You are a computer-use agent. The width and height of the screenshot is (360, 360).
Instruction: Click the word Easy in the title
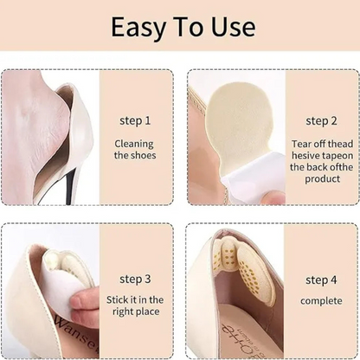point(138,27)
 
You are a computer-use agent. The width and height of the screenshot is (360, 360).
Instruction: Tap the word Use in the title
point(234,26)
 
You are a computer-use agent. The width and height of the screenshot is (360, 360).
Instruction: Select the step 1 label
point(135,121)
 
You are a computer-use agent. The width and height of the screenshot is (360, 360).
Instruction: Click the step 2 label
point(321,121)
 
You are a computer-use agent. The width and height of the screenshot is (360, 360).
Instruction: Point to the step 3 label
point(135,280)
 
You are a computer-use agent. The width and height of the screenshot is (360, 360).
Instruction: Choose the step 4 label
point(321,280)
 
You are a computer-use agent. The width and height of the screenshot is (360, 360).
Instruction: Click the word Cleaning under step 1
point(134,145)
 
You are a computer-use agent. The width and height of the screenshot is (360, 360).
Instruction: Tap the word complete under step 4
point(321,301)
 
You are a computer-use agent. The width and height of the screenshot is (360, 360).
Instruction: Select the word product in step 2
point(322,179)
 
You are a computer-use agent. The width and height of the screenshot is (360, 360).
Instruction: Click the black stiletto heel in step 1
point(71,186)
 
